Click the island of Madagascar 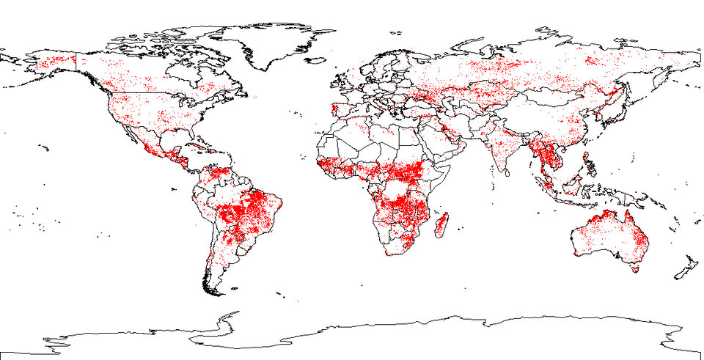click(x=441, y=223)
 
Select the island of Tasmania click(x=635, y=269)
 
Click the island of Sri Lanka click(x=509, y=174)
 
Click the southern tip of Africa click(x=392, y=254)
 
